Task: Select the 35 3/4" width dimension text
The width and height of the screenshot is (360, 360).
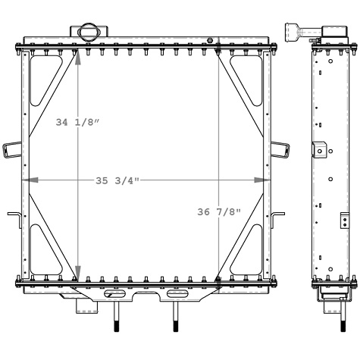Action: coord(117,180)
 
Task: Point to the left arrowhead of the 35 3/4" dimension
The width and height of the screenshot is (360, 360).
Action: coord(27,180)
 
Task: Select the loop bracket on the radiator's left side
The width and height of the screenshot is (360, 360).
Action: coord(11,149)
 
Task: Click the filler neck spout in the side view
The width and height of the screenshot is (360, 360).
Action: coord(296,31)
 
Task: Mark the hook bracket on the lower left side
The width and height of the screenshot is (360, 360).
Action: coord(14,217)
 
